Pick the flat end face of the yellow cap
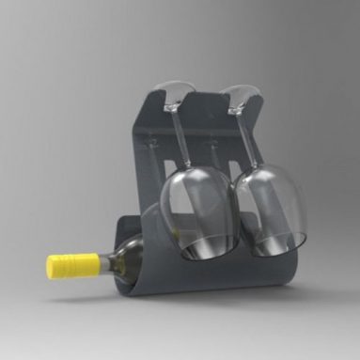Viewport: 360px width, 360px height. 50,267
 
